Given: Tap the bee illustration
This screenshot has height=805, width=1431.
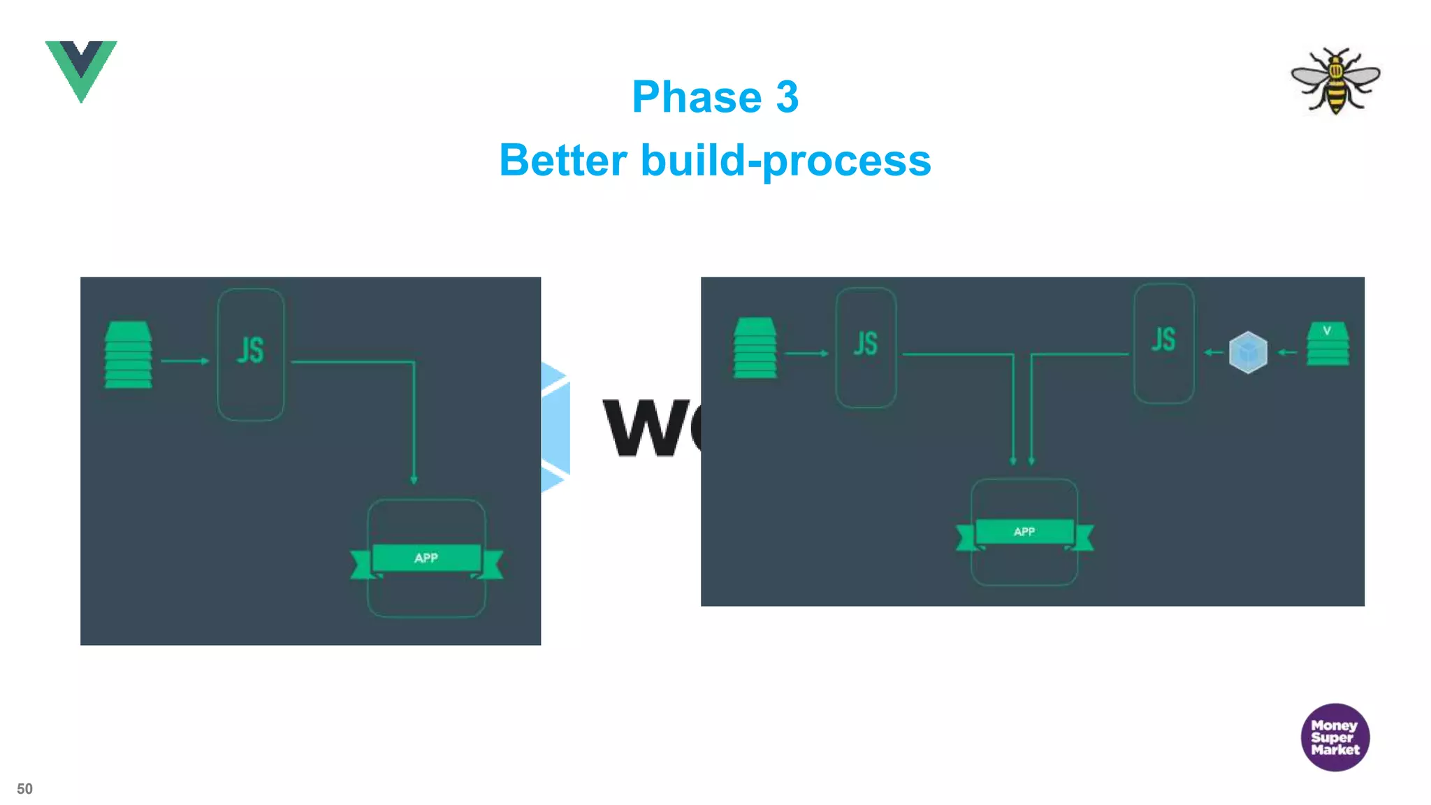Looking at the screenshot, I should coord(1335,80).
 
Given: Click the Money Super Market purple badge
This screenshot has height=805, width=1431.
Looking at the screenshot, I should coord(1335,737).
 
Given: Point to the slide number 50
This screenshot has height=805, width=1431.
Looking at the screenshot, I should coord(24,789).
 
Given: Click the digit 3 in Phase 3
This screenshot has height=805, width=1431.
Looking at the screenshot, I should coord(787,96).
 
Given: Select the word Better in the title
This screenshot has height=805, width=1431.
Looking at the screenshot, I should coord(563,160).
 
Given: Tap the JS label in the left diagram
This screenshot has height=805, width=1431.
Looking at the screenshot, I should coord(250,350).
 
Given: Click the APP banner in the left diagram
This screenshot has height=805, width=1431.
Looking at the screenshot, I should coord(426,558).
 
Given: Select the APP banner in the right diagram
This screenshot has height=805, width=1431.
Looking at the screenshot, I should coord(1024,532).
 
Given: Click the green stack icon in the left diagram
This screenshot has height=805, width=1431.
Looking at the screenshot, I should coord(128,354).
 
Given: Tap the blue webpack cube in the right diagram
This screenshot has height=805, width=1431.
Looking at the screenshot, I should coord(1248,352).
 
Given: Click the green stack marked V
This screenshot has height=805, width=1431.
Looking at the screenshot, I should coord(1328,343).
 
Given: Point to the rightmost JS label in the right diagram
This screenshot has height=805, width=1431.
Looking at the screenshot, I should coord(1163,340).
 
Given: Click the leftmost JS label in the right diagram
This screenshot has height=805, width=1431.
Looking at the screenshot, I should coord(866,344).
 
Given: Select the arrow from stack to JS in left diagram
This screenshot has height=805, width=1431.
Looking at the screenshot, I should coord(185,361).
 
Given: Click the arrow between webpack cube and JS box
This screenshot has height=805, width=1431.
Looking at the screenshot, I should coord(1214,352).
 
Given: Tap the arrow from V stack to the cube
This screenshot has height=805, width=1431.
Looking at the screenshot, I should coord(1287,352).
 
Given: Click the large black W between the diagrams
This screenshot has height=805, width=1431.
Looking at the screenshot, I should coord(641,428).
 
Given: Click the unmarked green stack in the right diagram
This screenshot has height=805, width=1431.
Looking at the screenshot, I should coord(755,348).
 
